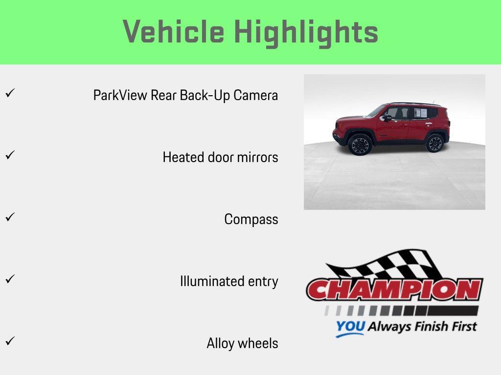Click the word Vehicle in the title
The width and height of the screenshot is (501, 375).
[173, 32]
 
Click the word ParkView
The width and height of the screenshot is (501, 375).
[120, 95]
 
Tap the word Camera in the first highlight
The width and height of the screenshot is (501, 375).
[255, 95]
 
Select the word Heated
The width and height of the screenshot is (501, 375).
[178, 157]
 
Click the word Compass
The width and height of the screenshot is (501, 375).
[251, 219]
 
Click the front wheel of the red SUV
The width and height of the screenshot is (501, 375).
[360, 145]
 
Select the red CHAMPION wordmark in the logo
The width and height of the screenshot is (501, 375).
[394, 290]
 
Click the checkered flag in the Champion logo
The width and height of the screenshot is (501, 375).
[387, 265]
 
